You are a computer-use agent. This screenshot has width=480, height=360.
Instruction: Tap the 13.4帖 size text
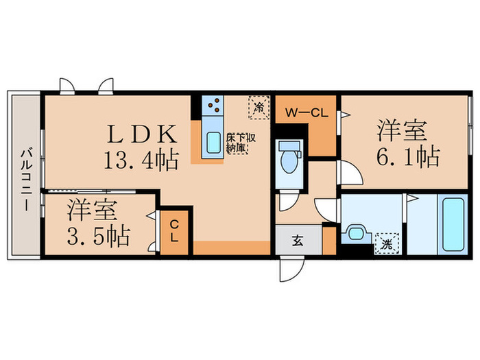tap(141, 160)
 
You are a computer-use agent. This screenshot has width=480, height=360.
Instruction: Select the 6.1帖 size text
tap(406, 157)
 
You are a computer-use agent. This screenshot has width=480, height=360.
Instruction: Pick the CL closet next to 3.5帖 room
tap(174, 230)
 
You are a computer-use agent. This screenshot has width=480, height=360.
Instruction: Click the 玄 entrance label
tap(299, 241)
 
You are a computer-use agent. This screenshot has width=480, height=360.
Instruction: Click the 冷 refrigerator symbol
tap(259, 106)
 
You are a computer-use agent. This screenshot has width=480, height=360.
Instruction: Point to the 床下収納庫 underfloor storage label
tap(241, 142)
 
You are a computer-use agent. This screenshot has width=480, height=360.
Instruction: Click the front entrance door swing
tap(290, 268)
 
